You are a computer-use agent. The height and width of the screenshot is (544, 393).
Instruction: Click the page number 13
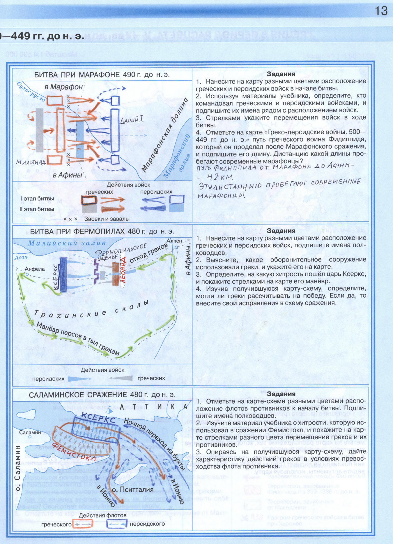tap(381, 11)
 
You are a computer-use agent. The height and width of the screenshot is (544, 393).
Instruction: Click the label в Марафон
tap(63, 87)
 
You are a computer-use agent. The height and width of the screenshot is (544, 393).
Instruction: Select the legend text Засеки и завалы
tap(107, 219)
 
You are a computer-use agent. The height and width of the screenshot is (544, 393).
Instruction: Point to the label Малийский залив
tap(67, 243)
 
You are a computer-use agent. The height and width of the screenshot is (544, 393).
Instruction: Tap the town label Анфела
tap(35, 269)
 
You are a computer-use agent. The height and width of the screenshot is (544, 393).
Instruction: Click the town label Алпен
tap(174, 241)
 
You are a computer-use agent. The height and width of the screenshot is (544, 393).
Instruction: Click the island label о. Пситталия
tap(133, 489)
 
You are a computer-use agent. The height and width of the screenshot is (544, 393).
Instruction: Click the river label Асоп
tap(21, 257)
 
